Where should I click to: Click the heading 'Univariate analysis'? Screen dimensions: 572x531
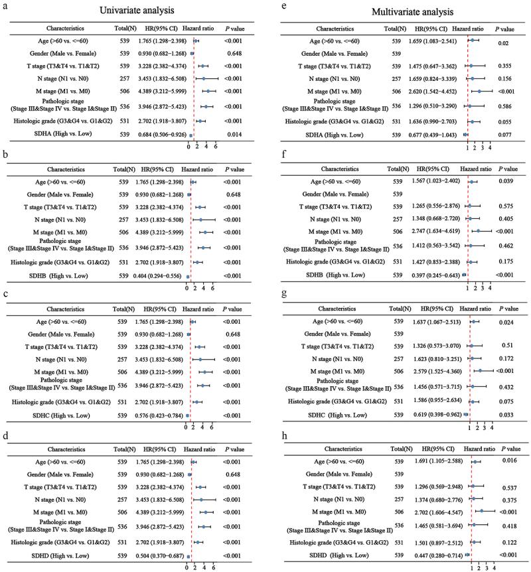pyautogui.click(x=129, y=11)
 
